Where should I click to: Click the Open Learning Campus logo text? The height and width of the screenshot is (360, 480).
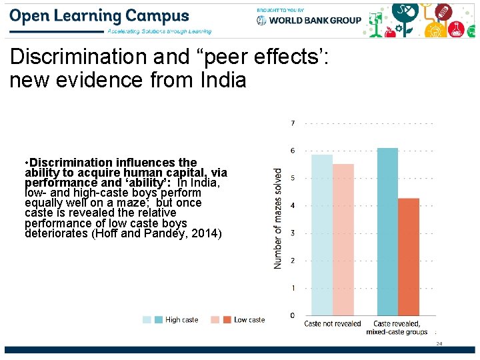coord(99,15)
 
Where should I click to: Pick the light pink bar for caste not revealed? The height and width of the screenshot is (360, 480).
coord(343,239)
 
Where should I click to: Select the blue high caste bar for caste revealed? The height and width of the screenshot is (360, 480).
coord(387,231)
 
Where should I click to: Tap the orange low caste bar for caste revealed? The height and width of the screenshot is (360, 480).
coord(409,257)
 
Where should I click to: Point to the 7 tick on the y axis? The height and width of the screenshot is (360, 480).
coord(293,123)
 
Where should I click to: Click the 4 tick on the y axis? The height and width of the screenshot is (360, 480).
coord(293,205)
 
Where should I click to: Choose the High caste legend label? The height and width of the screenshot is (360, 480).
coord(182,320)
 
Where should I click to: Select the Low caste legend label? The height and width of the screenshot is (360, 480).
coord(249,320)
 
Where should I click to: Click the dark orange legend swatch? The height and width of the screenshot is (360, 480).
coord(227,320)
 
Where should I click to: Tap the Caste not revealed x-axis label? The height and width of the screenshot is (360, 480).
coord(333,324)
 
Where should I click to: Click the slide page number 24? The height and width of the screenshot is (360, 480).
coord(439,344)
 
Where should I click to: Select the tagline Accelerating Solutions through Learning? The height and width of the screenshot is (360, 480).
coord(159,31)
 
